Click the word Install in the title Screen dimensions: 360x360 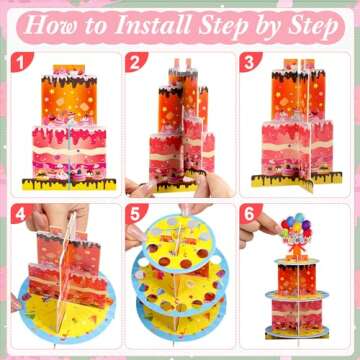click(x=154, y=25)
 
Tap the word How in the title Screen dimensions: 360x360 click(x=49, y=25)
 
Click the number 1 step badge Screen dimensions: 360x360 click(x=21, y=62)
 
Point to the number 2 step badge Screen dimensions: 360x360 click(x=136, y=62)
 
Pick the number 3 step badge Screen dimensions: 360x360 click(x=250, y=62)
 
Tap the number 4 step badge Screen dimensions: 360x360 click(x=21, y=214)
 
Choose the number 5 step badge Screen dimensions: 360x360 click(x=136, y=214)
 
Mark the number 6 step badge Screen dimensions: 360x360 click(x=250, y=214)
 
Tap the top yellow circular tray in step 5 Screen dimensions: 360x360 click(x=179, y=243)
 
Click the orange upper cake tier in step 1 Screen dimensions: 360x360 click(x=69, y=98)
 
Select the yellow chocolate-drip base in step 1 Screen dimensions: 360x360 click(x=69, y=184)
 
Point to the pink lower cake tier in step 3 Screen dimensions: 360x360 click(x=297, y=147)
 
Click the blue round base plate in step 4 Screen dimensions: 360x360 click(x=67, y=307)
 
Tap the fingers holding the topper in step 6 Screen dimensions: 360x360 click(x=262, y=227)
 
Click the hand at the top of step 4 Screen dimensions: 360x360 click(x=57, y=218)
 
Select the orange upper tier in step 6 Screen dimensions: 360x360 click(x=297, y=279)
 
